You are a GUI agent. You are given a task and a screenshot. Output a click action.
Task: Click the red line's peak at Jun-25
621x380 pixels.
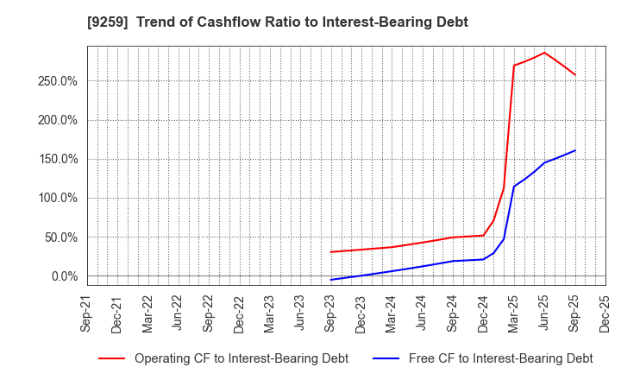pos(544,53)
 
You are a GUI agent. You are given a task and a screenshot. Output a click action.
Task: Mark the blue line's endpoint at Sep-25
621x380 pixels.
pos(575,150)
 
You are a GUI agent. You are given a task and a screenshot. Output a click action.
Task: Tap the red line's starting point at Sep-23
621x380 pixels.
pos(330,252)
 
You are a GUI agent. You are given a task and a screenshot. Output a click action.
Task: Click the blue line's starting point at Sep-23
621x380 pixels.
pos(330,280)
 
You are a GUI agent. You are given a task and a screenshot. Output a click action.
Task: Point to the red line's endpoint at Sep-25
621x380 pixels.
pos(575,74)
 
